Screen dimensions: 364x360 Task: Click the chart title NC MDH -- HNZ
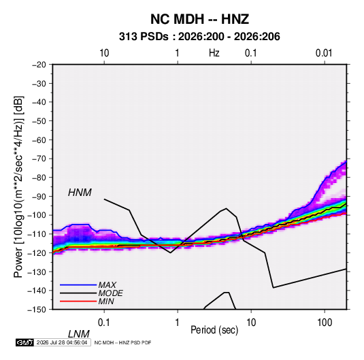(199, 19)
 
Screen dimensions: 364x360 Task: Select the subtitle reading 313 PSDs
(144, 37)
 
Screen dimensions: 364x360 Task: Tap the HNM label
(80, 193)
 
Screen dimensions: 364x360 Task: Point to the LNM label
(78, 334)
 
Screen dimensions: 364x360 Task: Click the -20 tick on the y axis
(39, 65)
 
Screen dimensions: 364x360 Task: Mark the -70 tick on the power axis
(39, 159)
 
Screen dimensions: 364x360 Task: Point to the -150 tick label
(37, 310)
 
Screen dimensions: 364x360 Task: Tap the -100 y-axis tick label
(37, 215)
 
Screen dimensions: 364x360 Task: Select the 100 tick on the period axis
(325, 323)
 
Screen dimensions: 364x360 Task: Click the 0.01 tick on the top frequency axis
(324, 53)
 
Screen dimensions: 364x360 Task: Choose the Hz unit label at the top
(214, 53)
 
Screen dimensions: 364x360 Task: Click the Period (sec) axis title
(214, 330)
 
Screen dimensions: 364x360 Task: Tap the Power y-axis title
(18, 186)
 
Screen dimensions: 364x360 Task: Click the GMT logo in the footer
(24, 342)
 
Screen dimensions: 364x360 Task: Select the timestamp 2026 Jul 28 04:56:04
(62, 342)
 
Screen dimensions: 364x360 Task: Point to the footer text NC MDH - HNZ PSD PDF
(122, 342)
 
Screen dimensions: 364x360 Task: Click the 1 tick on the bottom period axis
(178, 323)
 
